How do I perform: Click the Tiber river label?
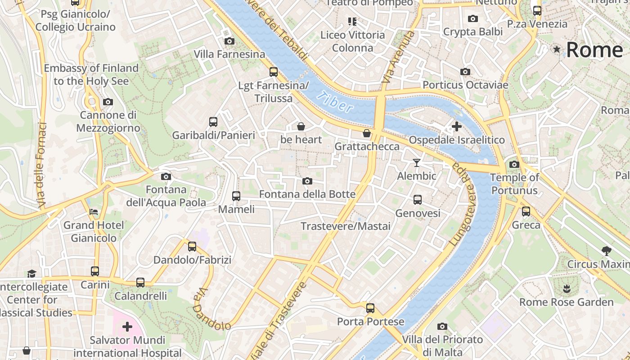click(335, 102)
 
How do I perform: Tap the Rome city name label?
click(594, 50)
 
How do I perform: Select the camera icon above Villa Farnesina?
click(229, 41)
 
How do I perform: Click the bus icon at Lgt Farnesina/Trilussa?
click(273, 72)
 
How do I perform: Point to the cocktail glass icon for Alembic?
click(417, 162)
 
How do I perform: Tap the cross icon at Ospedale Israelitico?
click(456, 126)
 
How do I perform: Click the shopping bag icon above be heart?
click(301, 126)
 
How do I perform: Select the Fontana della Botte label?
click(307, 194)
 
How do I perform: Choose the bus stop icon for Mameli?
click(236, 196)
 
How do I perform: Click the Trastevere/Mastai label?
click(346, 226)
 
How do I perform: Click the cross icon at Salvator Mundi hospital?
click(127, 326)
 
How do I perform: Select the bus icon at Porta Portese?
click(370, 308)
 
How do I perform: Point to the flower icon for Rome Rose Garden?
click(566, 288)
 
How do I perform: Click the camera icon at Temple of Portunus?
click(514, 164)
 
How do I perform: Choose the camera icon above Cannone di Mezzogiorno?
click(108, 102)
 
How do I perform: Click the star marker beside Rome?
click(557, 49)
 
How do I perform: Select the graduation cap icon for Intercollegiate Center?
click(31, 274)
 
